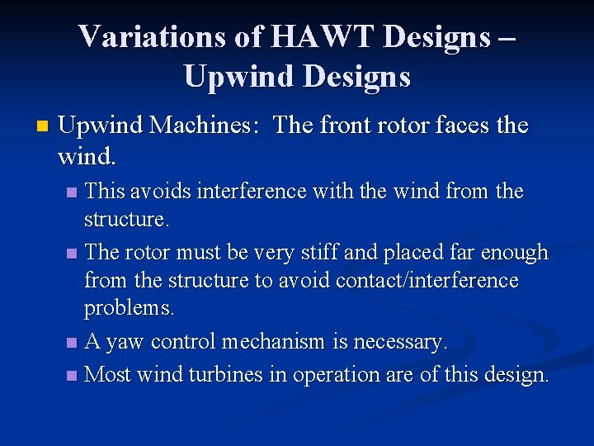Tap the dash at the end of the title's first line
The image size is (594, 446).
(507, 38)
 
